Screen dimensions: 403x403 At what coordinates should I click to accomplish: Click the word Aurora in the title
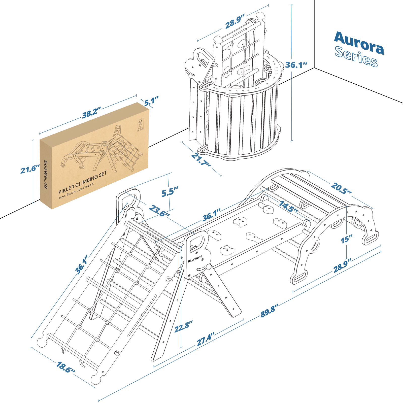359,43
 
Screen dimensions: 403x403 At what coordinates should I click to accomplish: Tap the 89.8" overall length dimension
269,311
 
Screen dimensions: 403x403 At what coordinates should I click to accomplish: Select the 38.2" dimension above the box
91,113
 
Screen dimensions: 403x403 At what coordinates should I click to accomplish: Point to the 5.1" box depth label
151,101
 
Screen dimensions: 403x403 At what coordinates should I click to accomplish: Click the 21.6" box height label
30,169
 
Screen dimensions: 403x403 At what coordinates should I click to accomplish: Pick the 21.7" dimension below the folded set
201,159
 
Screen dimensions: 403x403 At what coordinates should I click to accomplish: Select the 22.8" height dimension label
183,327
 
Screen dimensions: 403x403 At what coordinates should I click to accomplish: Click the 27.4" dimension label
206,339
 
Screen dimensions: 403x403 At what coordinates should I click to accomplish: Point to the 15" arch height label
346,239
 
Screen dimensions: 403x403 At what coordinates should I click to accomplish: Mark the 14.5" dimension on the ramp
288,207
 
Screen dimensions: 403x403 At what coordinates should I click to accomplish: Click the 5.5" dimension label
170,192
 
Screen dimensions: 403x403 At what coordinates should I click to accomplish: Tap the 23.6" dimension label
159,211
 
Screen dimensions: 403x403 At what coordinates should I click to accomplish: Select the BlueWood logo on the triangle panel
195,259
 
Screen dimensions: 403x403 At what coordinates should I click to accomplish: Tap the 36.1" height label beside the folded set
296,65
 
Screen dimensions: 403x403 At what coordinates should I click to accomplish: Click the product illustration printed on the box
101,151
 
